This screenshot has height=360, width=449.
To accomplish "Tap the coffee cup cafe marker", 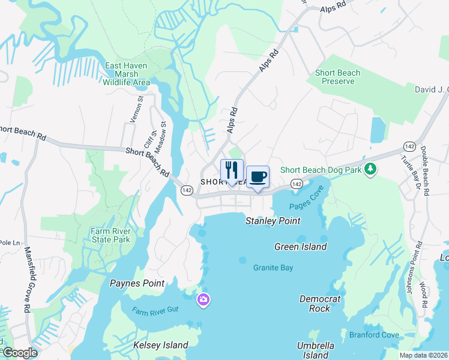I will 258,177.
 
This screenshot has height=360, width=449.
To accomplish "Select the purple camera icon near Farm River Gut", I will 203,299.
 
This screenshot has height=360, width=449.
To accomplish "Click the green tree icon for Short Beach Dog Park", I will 371,170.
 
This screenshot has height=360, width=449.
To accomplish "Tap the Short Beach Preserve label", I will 338,77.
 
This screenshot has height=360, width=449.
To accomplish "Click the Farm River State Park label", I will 110,235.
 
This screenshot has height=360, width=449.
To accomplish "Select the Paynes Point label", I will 137,283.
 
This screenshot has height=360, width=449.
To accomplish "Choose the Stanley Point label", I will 273,221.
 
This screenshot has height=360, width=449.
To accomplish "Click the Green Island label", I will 300,247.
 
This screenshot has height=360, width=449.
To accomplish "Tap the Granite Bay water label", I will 273,268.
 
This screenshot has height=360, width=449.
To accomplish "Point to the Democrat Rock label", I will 320,304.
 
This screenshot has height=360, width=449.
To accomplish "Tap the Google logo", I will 19,353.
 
